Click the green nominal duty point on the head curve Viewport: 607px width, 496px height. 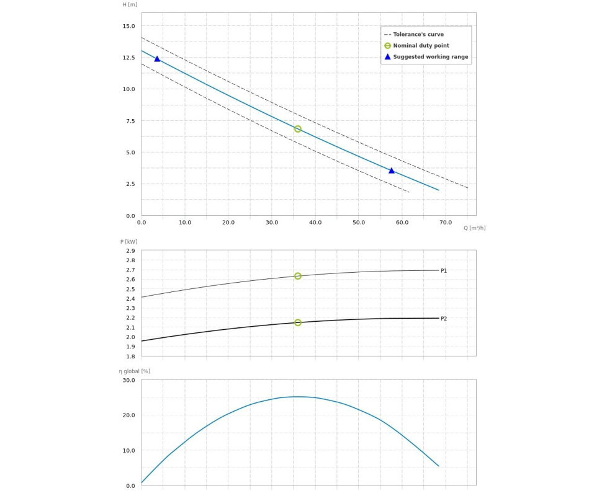point(298,129)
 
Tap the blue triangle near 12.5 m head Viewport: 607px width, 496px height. point(157,59)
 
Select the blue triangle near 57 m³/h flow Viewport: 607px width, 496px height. point(391,170)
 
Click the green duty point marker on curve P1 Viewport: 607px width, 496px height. point(298,276)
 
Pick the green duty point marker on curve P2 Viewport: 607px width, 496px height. point(298,322)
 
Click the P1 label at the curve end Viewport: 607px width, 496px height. point(444,271)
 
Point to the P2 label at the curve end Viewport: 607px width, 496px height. point(444,319)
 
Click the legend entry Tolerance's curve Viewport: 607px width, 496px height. point(418,35)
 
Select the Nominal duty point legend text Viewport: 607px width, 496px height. point(421,46)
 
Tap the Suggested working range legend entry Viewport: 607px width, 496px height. point(430,57)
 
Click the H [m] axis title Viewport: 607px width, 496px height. point(130,4)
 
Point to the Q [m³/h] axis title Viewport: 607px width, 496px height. point(474,228)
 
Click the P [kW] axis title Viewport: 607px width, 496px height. point(128,242)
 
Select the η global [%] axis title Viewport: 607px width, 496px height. point(135,371)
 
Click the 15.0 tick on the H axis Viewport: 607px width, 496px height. point(128,26)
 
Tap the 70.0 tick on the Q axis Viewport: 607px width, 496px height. point(446,223)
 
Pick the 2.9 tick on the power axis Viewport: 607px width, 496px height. point(130,251)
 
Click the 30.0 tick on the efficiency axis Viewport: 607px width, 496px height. point(128,380)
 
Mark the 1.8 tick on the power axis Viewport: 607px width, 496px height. point(130,356)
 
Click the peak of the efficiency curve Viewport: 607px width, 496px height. point(297,397)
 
